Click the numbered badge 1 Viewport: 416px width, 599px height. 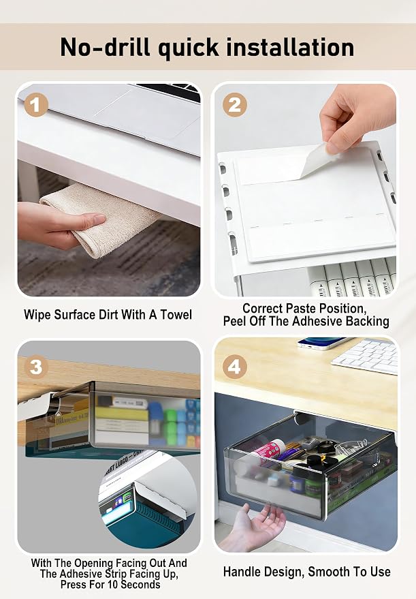pos(36,105)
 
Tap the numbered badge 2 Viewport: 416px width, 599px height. pos(234,105)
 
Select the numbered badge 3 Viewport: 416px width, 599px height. pos(36,367)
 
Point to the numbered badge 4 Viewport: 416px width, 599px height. pos(234,367)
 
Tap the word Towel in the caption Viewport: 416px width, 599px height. pos(176,315)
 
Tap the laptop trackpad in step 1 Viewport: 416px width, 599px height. pos(149,111)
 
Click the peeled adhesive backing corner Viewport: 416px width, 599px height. pos(314,160)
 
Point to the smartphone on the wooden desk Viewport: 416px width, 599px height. pos(323,343)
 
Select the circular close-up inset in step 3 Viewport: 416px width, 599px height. pos(149,500)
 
